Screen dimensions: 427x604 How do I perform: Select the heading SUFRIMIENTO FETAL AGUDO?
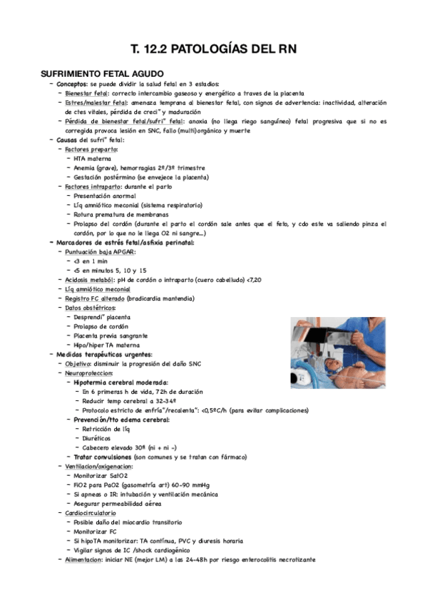(103, 73)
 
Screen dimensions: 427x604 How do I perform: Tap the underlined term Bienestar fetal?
(86, 93)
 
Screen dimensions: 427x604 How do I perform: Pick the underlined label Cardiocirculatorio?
(91, 512)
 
